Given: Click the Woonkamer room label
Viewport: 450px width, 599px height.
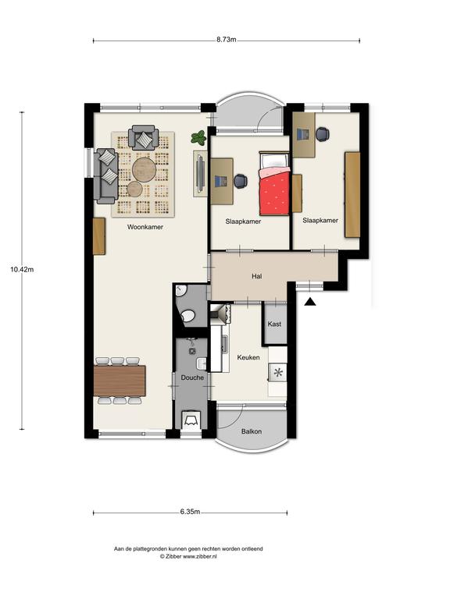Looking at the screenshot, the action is [x=145, y=227].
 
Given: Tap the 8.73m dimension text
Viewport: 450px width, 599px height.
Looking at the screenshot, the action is [x=226, y=39].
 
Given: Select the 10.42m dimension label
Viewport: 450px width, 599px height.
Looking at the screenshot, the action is [x=22, y=269].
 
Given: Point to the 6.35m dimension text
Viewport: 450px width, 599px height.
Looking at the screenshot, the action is [x=190, y=512].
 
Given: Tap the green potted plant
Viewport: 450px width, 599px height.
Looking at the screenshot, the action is [x=198, y=137].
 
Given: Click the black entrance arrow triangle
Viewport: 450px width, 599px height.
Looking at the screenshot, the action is [x=310, y=302].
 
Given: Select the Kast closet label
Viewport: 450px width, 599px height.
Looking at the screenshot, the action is [x=274, y=324].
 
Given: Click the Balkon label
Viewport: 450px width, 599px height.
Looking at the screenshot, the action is [x=252, y=431].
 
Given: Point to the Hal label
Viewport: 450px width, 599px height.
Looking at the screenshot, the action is [x=257, y=276].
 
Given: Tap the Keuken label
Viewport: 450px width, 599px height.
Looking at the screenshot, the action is [x=248, y=357].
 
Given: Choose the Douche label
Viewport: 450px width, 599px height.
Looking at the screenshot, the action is [x=192, y=377].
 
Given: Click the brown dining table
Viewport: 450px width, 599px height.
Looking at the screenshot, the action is [x=120, y=381].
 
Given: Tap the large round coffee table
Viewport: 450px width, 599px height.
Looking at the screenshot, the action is [x=145, y=169].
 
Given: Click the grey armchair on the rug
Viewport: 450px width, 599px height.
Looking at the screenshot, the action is [x=144, y=137].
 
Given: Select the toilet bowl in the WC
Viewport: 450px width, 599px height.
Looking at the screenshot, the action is [x=187, y=316].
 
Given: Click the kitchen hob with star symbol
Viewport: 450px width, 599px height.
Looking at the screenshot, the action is [x=278, y=372].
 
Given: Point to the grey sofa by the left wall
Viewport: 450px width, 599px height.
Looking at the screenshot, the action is [x=105, y=175].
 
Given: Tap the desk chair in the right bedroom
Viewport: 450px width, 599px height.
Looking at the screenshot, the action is [x=323, y=133].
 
